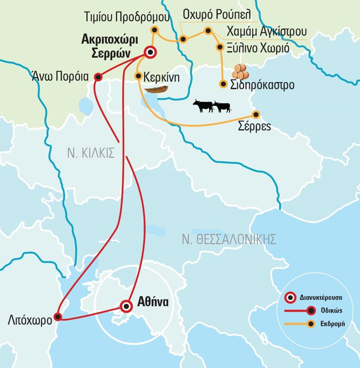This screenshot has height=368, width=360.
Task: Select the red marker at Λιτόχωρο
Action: click(x=57, y=317)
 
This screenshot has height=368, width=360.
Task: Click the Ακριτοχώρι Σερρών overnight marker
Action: click(x=150, y=53)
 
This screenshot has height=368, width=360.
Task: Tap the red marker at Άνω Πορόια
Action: click(x=98, y=77)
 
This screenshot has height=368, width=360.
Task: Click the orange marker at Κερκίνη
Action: click(x=139, y=76)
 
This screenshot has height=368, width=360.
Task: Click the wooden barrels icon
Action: click(x=240, y=72)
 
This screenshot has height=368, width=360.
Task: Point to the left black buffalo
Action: click(x=203, y=106)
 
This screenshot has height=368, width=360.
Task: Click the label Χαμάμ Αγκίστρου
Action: click(x=266, y=31)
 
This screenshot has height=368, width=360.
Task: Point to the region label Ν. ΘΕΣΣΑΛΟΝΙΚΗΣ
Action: click(x=229, y=239)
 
